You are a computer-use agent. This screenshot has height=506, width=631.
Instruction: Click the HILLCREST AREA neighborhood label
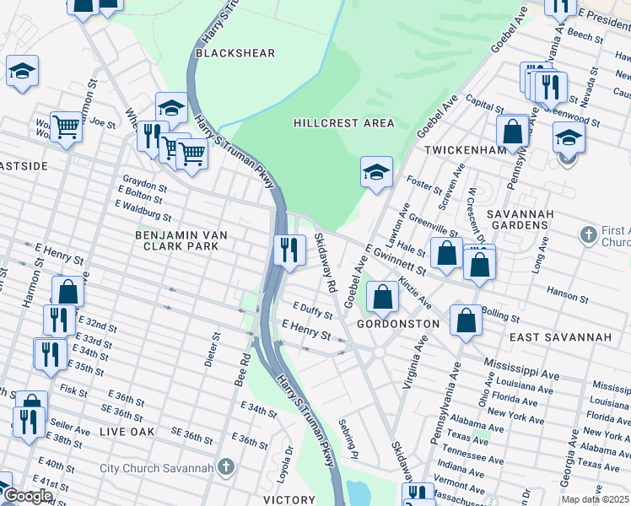pyautogui.click(x=343, y=123)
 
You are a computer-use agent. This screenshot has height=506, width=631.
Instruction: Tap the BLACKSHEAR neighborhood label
pyautogui.click(x=235, y=53)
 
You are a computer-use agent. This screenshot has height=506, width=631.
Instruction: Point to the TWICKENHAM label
pyautogui.click(x=468, y=148)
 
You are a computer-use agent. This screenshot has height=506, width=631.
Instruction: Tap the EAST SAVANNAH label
pyautogui.click(x=560, y=337)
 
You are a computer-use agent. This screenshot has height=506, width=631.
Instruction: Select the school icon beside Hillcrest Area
pyautogui.click(x=376, y=173)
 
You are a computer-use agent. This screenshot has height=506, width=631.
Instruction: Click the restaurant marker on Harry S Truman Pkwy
pyautogui.click(x=289, y=250)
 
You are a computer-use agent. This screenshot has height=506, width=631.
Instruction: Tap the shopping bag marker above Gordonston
pyautogui.click(x=383, y=296)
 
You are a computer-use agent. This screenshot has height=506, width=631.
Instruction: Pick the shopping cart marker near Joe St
pyautogui.click(x=66, y=127)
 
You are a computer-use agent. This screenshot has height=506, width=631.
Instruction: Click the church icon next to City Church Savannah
pyautogui.click(x=225, y=466)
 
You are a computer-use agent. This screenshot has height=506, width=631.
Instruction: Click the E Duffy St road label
pyautogui.click(x=312, y=310)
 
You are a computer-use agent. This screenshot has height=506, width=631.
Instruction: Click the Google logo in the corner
pyautogui.click(x=27, y=496)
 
